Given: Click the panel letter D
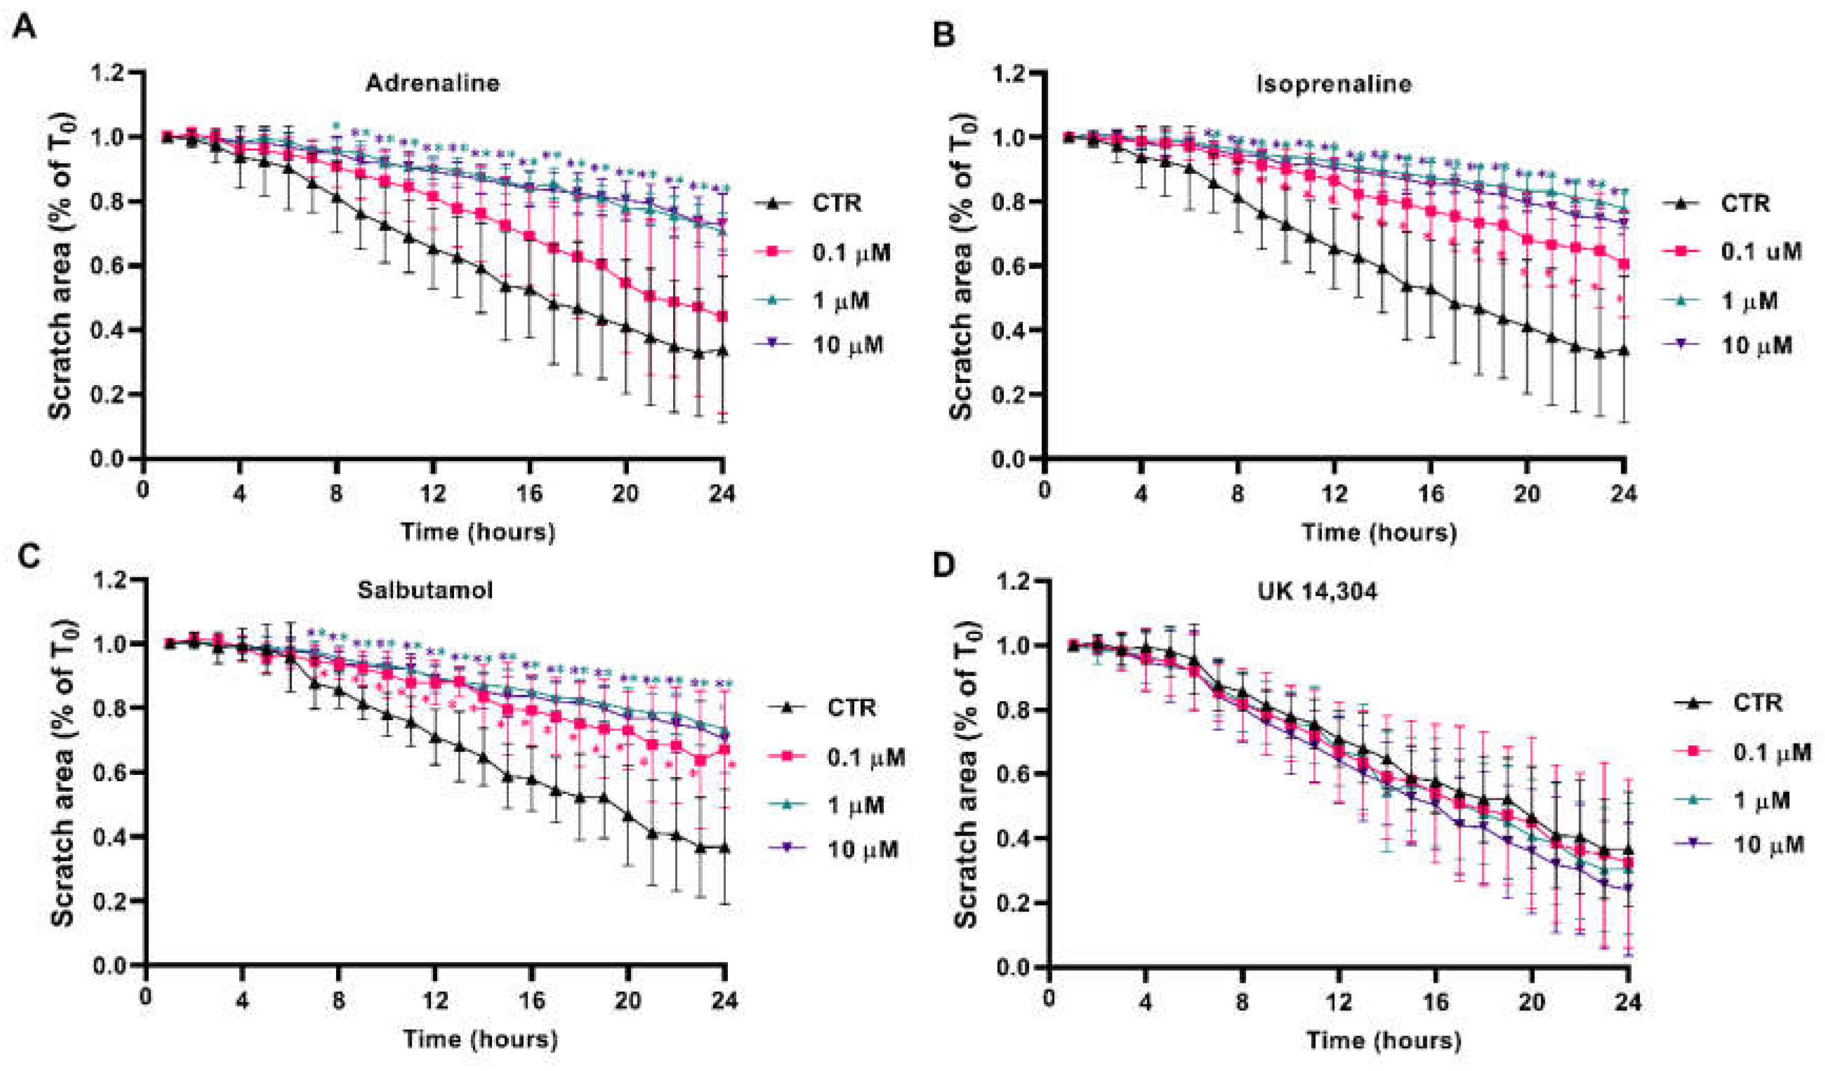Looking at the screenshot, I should pos(944,566).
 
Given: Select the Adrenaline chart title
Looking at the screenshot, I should pos(432,83).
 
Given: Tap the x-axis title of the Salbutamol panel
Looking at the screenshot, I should pos(480,1040).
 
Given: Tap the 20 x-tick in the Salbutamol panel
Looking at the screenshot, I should pos(627,1001).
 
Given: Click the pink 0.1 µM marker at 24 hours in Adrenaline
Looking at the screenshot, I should pos(722,317).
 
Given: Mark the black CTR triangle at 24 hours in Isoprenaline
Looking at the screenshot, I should pos(1624,350).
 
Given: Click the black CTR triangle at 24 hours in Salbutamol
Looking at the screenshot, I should pos(724,848).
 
